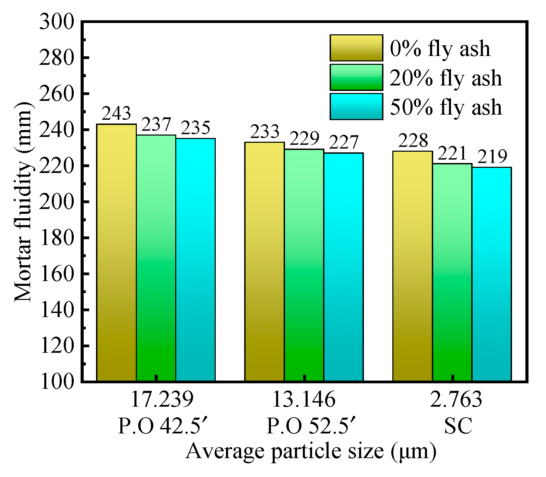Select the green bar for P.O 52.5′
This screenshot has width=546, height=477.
304,265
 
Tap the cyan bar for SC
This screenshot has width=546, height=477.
491,274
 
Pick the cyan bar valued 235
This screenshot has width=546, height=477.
195,259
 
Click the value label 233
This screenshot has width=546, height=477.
264,132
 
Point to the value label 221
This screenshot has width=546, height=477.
452,154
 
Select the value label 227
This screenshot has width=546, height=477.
343,143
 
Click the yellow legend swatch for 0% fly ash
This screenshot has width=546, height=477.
356,48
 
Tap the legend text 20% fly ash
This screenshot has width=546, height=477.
446,78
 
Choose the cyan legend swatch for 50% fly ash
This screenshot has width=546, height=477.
356,107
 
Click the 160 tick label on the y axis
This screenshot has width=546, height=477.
57,274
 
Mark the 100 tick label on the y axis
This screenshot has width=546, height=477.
57,382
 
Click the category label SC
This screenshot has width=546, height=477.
458,426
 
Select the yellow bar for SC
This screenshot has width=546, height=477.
412,266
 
